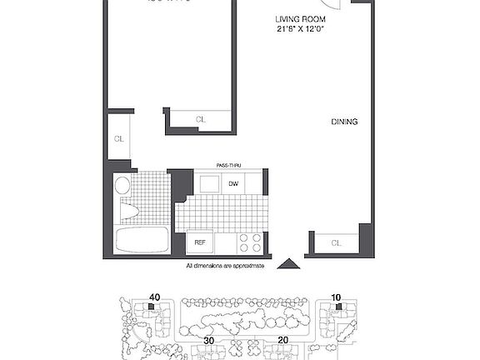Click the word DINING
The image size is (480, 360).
[344, 122]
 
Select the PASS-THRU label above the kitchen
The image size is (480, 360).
[229, 166]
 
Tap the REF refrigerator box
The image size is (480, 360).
[200, 242]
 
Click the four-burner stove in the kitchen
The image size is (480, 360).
[249, 242]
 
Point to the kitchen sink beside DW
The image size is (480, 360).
[208, 184]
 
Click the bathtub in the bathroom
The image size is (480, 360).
[142, 241]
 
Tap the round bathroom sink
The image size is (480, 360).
[122, 185]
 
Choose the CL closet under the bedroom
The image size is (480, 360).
[200, 120]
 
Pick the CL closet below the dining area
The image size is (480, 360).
[336, 243]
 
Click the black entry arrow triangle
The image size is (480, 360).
[287, 264]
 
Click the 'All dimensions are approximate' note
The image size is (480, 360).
[225, 266]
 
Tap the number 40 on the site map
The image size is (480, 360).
[154, 296]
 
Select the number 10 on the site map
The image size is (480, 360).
[337, 296]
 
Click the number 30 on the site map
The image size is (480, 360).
[207, 341]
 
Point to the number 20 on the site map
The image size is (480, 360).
[283, 341]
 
